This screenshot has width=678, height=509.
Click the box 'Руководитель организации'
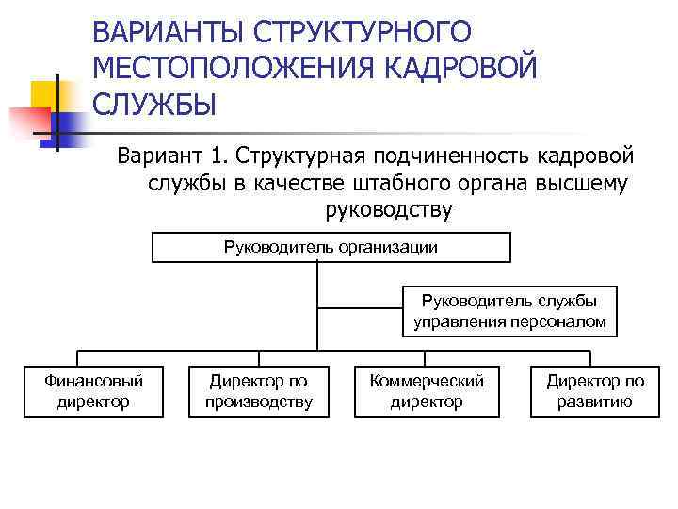(x=331, y=248)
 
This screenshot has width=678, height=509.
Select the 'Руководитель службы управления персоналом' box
(x=509, y=311)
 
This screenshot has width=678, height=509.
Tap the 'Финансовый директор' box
(x=93, y=391)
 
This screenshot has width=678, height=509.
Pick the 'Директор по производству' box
(x=259, y=391)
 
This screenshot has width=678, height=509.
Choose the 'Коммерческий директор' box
(x=427, y=391)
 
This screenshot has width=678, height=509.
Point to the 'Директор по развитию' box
(x=595, y=391)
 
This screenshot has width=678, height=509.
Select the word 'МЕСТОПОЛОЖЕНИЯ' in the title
(x=221, y=67)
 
